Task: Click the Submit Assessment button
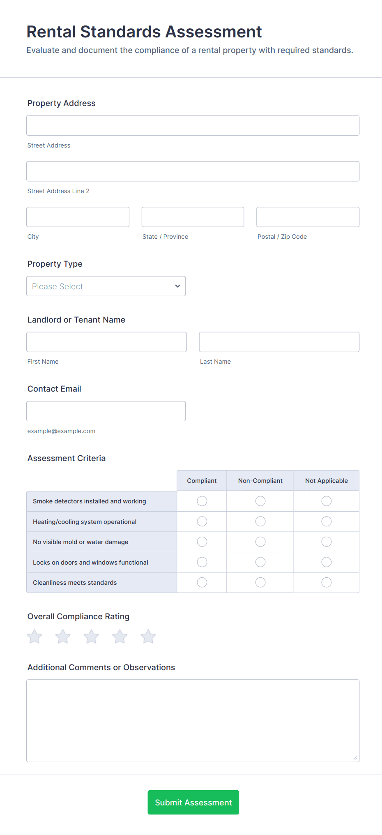(193, 802)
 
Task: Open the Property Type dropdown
(106, 286)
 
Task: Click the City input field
(78, 217)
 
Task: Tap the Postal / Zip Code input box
(308, 217)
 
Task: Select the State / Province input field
(193, 217)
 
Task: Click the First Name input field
(106, 342)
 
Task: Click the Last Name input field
(279, 342)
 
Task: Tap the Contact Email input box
(106, 411)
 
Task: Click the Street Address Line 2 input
(193, 171)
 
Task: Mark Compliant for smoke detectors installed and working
(202, 501)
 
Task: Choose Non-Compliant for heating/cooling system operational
(260, 521)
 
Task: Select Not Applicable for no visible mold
(327, 542)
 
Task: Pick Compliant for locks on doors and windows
(202, 562)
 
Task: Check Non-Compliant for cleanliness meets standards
(260, 582)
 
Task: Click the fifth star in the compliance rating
(148, 637)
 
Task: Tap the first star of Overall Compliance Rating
(35, 637)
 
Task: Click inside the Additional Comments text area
(193, 720)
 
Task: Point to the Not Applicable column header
(327, 481)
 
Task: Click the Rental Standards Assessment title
(144, 32)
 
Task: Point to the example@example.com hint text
(61, 431)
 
